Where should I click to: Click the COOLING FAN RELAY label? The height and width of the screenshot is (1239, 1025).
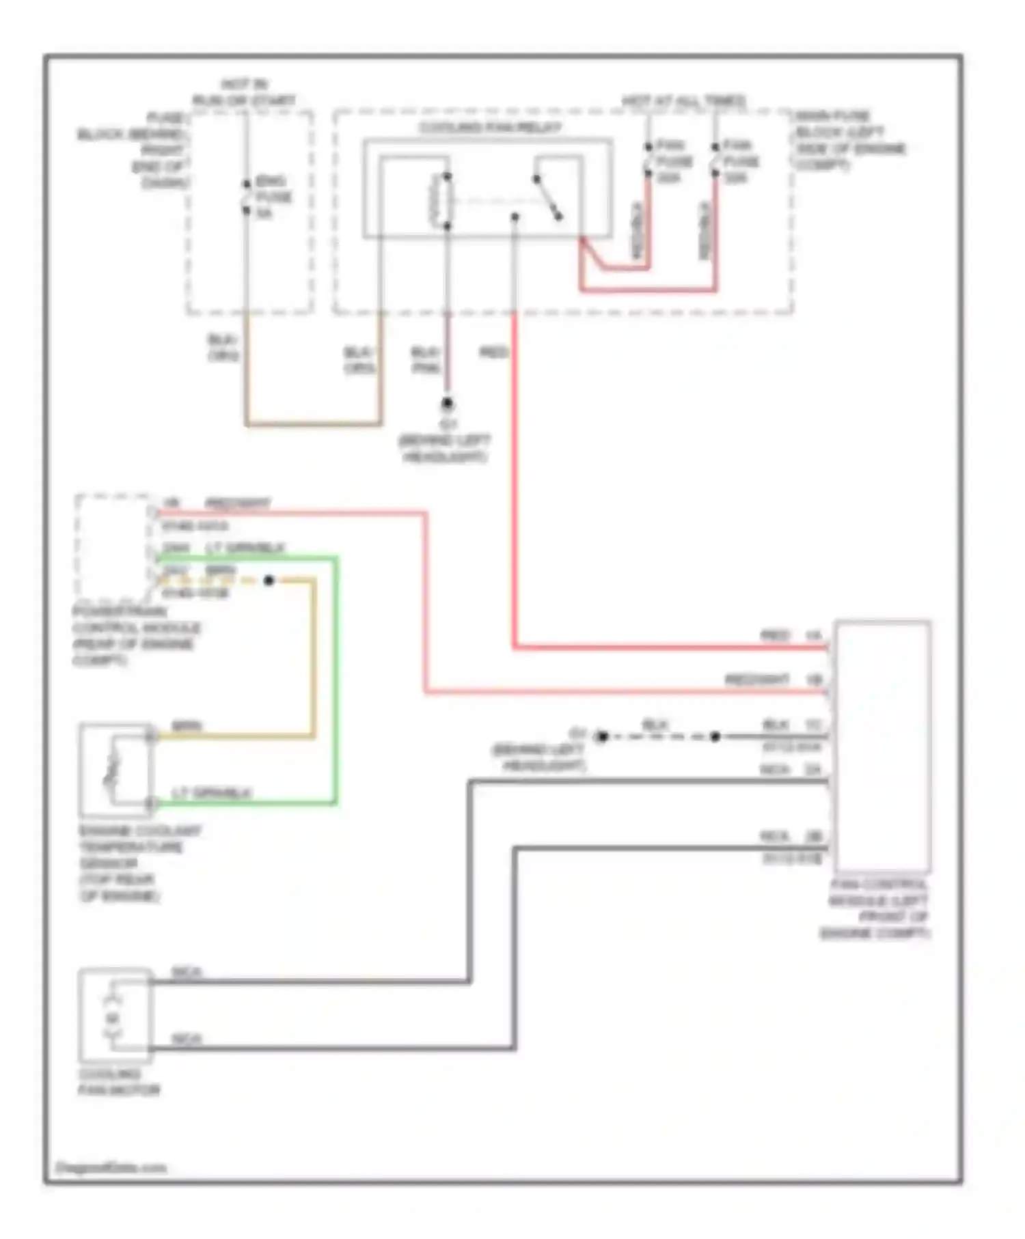(489, 128)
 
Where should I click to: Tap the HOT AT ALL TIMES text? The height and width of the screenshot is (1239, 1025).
(683, 101)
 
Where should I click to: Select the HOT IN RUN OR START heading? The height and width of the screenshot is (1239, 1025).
(244, 93)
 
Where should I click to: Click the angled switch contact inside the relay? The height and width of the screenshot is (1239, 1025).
(548, 198)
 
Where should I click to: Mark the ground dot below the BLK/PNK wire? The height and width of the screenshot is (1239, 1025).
(447, 403)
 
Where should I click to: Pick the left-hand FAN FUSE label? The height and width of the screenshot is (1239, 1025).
(673, 161)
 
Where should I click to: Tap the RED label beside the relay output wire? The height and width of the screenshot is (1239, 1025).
(493, 352)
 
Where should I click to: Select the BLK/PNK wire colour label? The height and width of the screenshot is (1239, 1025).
(424, 360)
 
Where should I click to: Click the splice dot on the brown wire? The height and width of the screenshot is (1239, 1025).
(269, 581)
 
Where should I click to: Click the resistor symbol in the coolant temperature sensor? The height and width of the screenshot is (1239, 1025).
(111, 770)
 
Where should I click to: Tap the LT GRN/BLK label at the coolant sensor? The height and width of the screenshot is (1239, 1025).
(212, 793)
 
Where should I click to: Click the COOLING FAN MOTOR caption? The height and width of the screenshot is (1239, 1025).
(118, 1082)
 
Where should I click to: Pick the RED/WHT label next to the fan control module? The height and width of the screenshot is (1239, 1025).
(756, 680)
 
